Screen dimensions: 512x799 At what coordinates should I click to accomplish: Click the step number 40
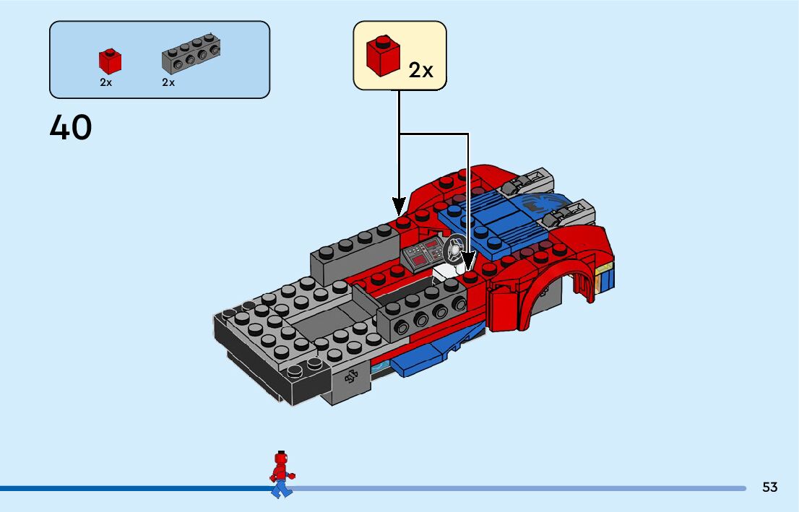[71, 129]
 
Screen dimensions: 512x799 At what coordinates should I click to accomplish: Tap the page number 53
[769, 487]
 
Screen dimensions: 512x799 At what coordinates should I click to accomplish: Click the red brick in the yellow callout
[383, 55]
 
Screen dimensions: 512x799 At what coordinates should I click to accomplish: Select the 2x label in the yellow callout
[420, 70]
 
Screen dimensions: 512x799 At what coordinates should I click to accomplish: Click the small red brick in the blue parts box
[110, 61]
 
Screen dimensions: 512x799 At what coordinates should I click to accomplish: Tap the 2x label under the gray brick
[168, 82]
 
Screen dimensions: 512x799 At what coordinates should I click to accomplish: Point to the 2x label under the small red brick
[106, 82]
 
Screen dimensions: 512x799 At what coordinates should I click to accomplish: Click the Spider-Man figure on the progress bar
[281, 474]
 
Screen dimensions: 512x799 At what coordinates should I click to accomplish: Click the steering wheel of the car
[454, 249]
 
